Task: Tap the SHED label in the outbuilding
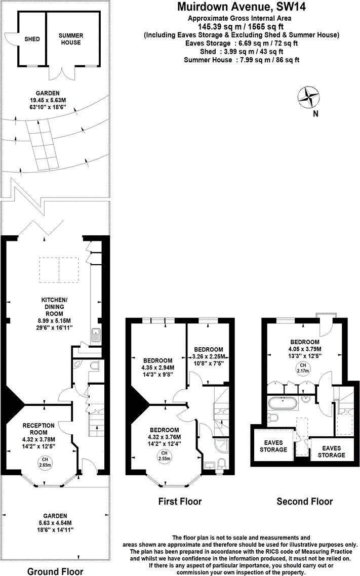pyautogui.click(x=32, y=39)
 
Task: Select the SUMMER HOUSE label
pyautogui.click(x=70, y=39)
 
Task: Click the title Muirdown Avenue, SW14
pyautogui.click(x=241, y=7)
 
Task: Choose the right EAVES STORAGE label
pyautogui.click(x=331, y=451)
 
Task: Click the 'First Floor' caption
pyautogui.click(x=180, y=502)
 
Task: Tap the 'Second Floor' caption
pyautogui.click(x=304, y=502)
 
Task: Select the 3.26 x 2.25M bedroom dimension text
pyautogui.click(x=209, y=356)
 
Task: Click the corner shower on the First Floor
pyautogui.click(x=222, y=446)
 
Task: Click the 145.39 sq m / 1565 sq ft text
pyautogui.click(x=241, y=26)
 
